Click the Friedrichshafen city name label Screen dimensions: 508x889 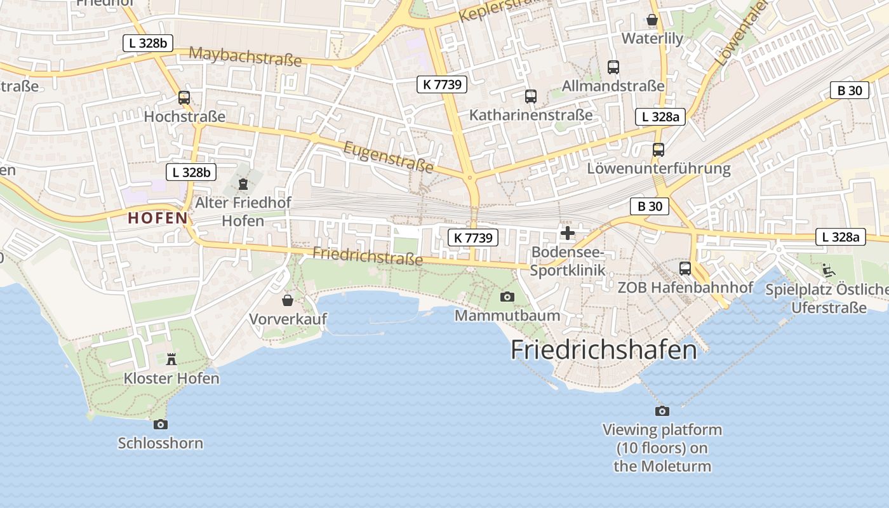pos(603,350)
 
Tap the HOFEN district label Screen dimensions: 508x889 pos(158,218)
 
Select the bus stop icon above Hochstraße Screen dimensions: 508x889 pos(184,98)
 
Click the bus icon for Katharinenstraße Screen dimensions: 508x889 pos(531,97)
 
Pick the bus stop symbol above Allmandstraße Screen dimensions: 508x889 pos(613,67)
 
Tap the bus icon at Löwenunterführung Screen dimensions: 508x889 pos(658,150)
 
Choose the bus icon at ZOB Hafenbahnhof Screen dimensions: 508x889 pos(685,268)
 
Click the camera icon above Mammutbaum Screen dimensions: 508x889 pos(507,297)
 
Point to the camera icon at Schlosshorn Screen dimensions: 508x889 pos(161,424)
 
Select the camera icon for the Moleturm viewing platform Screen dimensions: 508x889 pos(662,411)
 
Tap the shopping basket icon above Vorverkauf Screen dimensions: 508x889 pos(288,300)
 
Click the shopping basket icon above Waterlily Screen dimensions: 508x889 pos(652,20)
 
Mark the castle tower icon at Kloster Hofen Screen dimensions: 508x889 pos(171,359)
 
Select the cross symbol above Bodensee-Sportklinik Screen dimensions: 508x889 pos(568,233)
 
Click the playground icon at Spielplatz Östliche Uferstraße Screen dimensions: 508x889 pos(828,271)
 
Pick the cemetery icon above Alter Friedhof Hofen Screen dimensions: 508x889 pos(243,184)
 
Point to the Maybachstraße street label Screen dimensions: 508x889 pos(245,56)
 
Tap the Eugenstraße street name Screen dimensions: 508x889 pos(388,157)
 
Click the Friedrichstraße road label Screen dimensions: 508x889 pos(368,256)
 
